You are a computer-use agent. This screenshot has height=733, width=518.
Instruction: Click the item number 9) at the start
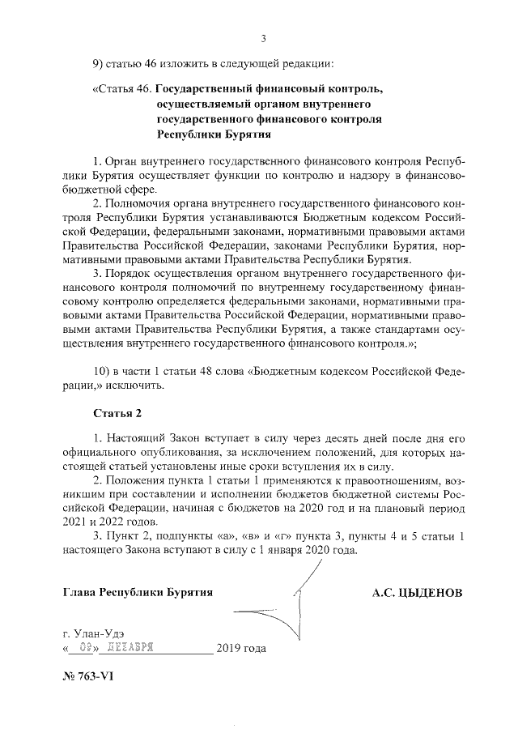click(100, 65)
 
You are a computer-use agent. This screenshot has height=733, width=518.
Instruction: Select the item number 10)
click(103, 371)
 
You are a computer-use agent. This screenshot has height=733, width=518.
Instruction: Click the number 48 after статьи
click(212, 371)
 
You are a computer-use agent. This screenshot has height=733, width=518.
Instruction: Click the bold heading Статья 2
click(118, 413)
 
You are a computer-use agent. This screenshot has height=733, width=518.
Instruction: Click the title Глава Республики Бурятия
click(138, 592)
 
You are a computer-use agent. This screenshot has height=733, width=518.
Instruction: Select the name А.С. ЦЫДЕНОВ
click(417, 592)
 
